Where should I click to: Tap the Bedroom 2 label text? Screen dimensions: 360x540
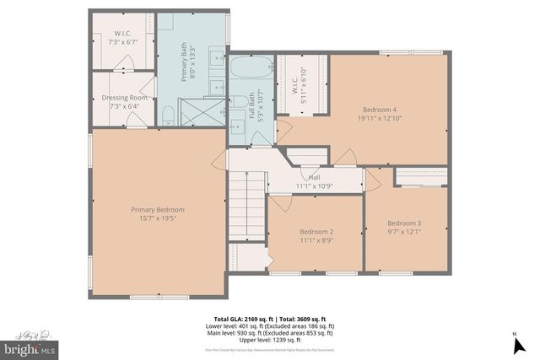[x=316, y=231]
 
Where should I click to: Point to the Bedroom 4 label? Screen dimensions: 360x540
[x=379, y=110]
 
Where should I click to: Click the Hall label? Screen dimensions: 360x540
[x=313, y=177]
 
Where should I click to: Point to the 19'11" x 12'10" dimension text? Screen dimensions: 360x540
[x=379, y=119]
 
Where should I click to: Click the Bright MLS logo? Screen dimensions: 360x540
[x=29, y=347]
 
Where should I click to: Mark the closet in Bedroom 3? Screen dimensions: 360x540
[x=421, y=177]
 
